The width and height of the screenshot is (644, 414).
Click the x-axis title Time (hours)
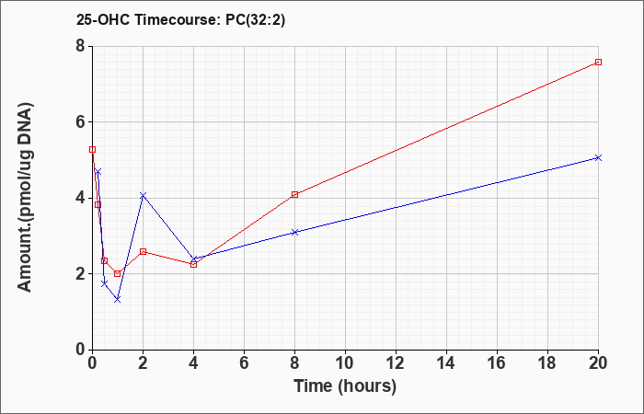tap(345, 385)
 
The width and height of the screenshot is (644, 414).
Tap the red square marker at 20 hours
tap(598, 62)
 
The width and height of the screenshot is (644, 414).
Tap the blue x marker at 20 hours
tap(598, 157)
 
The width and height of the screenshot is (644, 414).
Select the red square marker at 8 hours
tap(294, 194)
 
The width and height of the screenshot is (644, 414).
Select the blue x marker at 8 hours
tap(294, 232)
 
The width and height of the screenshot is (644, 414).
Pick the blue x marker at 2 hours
tap(143, 195)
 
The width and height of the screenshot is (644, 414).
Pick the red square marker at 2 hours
tap(143, 251)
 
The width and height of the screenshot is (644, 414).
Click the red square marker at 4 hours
tap(193, 264)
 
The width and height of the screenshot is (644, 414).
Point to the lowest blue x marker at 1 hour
tap(117, 299)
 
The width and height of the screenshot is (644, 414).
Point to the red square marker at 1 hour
tap(118, 274)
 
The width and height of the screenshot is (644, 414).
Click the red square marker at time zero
tap(92, 149)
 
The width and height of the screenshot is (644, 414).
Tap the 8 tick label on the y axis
tap(80, 46)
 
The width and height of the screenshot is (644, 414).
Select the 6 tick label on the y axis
tap(80, 122)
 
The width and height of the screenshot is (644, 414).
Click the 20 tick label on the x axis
tap(598, 362)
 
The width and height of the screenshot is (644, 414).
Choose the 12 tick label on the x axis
tap(396, 362)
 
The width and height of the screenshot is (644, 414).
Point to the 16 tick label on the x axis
tap(497, 362)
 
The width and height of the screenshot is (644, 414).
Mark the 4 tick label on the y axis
tap(80, 198)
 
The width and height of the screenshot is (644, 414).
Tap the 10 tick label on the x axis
tap(345, 362)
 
